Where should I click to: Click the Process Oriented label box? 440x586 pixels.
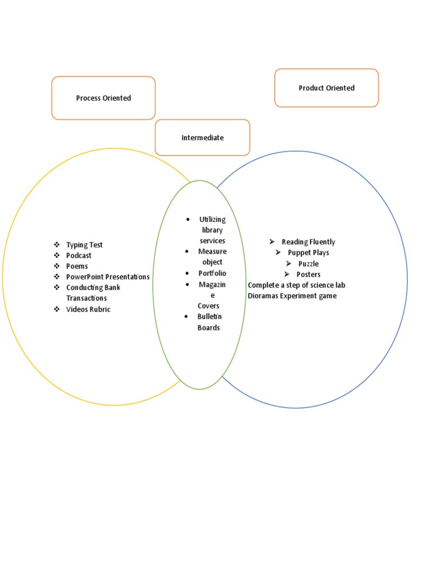[103, 98]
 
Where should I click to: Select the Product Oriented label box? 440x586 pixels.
[326, 88]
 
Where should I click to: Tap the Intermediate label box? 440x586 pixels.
[202, 137]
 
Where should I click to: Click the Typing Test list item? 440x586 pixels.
[84, 245]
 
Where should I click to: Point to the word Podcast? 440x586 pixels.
[78, 256]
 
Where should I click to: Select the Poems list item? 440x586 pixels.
[77, 266]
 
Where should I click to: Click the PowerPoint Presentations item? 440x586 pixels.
[108, 277]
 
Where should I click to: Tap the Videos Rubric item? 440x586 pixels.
[88, 310]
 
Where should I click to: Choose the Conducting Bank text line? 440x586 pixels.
[93, 288]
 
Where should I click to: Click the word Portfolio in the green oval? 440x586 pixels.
[212, 274]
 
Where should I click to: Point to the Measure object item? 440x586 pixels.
[212, 256]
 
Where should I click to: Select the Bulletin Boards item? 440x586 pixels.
[209, 322]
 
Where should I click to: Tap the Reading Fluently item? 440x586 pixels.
[308, 242]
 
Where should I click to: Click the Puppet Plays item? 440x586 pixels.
[308, 253]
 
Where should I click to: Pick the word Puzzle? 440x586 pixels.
[308, 264]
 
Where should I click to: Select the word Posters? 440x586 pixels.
[308, 275]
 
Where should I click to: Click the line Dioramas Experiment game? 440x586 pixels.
[292, 296]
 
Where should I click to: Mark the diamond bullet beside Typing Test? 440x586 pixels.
[57, 245]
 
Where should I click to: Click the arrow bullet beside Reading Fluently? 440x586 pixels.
[272, 242]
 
